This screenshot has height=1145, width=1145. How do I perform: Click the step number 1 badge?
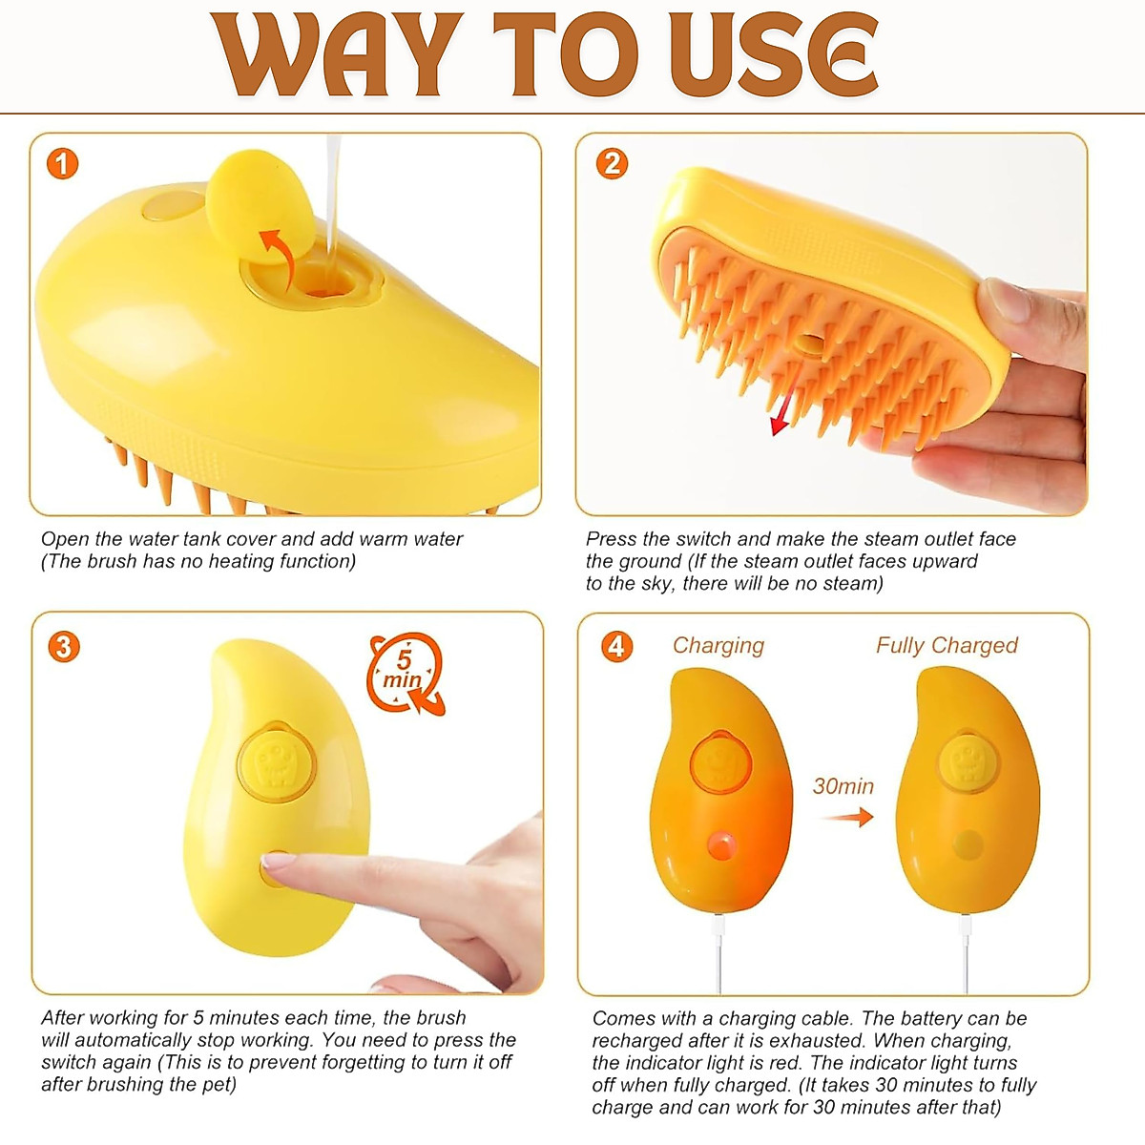(x=62, y=165)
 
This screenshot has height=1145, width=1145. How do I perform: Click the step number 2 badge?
(x=612, y=164)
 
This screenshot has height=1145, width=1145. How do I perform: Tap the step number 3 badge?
(x=63, y=647)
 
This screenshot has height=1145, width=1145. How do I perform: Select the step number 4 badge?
(x=616, y=646)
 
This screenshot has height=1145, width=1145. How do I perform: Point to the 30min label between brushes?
(x=843, y=785)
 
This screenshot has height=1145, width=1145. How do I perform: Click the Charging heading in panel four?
(x=718, y=645)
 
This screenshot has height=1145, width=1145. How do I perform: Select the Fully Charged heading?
(x=946, y=645)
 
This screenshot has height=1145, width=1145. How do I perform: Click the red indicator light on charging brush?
(x=721, y=844)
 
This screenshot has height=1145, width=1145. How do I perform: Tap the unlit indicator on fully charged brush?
(x=968, y=844)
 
